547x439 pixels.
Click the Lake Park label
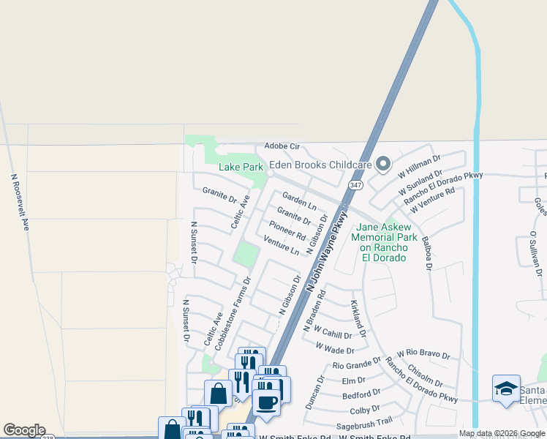coord(241,167)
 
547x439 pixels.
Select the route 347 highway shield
coord(355,186)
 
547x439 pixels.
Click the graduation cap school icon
coord(506,389)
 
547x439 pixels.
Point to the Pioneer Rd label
coord(287,230)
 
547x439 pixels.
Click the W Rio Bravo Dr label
coord(423,354)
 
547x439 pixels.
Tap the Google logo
coord(23,430)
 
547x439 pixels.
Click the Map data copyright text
coord(502,433)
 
